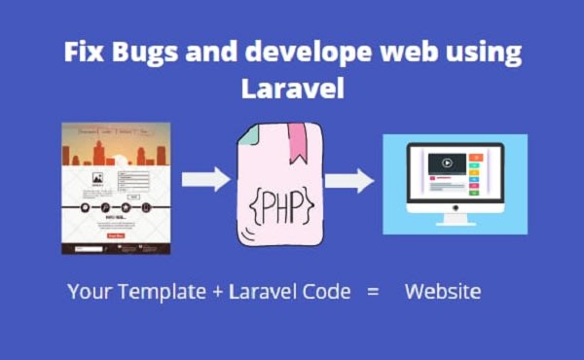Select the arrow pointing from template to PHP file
(x=205, y=179)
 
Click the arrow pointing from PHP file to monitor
(x=349, y=180)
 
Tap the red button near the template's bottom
(x=115, y=235)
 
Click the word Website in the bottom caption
(x=443, y=291)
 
